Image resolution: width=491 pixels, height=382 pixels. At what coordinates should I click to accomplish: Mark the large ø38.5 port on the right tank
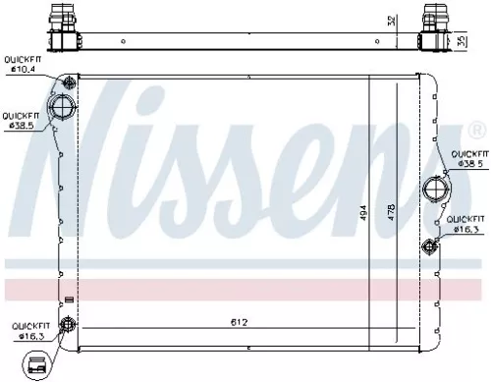[x=434, y=189]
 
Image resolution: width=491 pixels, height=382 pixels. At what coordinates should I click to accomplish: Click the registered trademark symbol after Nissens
[x=476, y=130]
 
